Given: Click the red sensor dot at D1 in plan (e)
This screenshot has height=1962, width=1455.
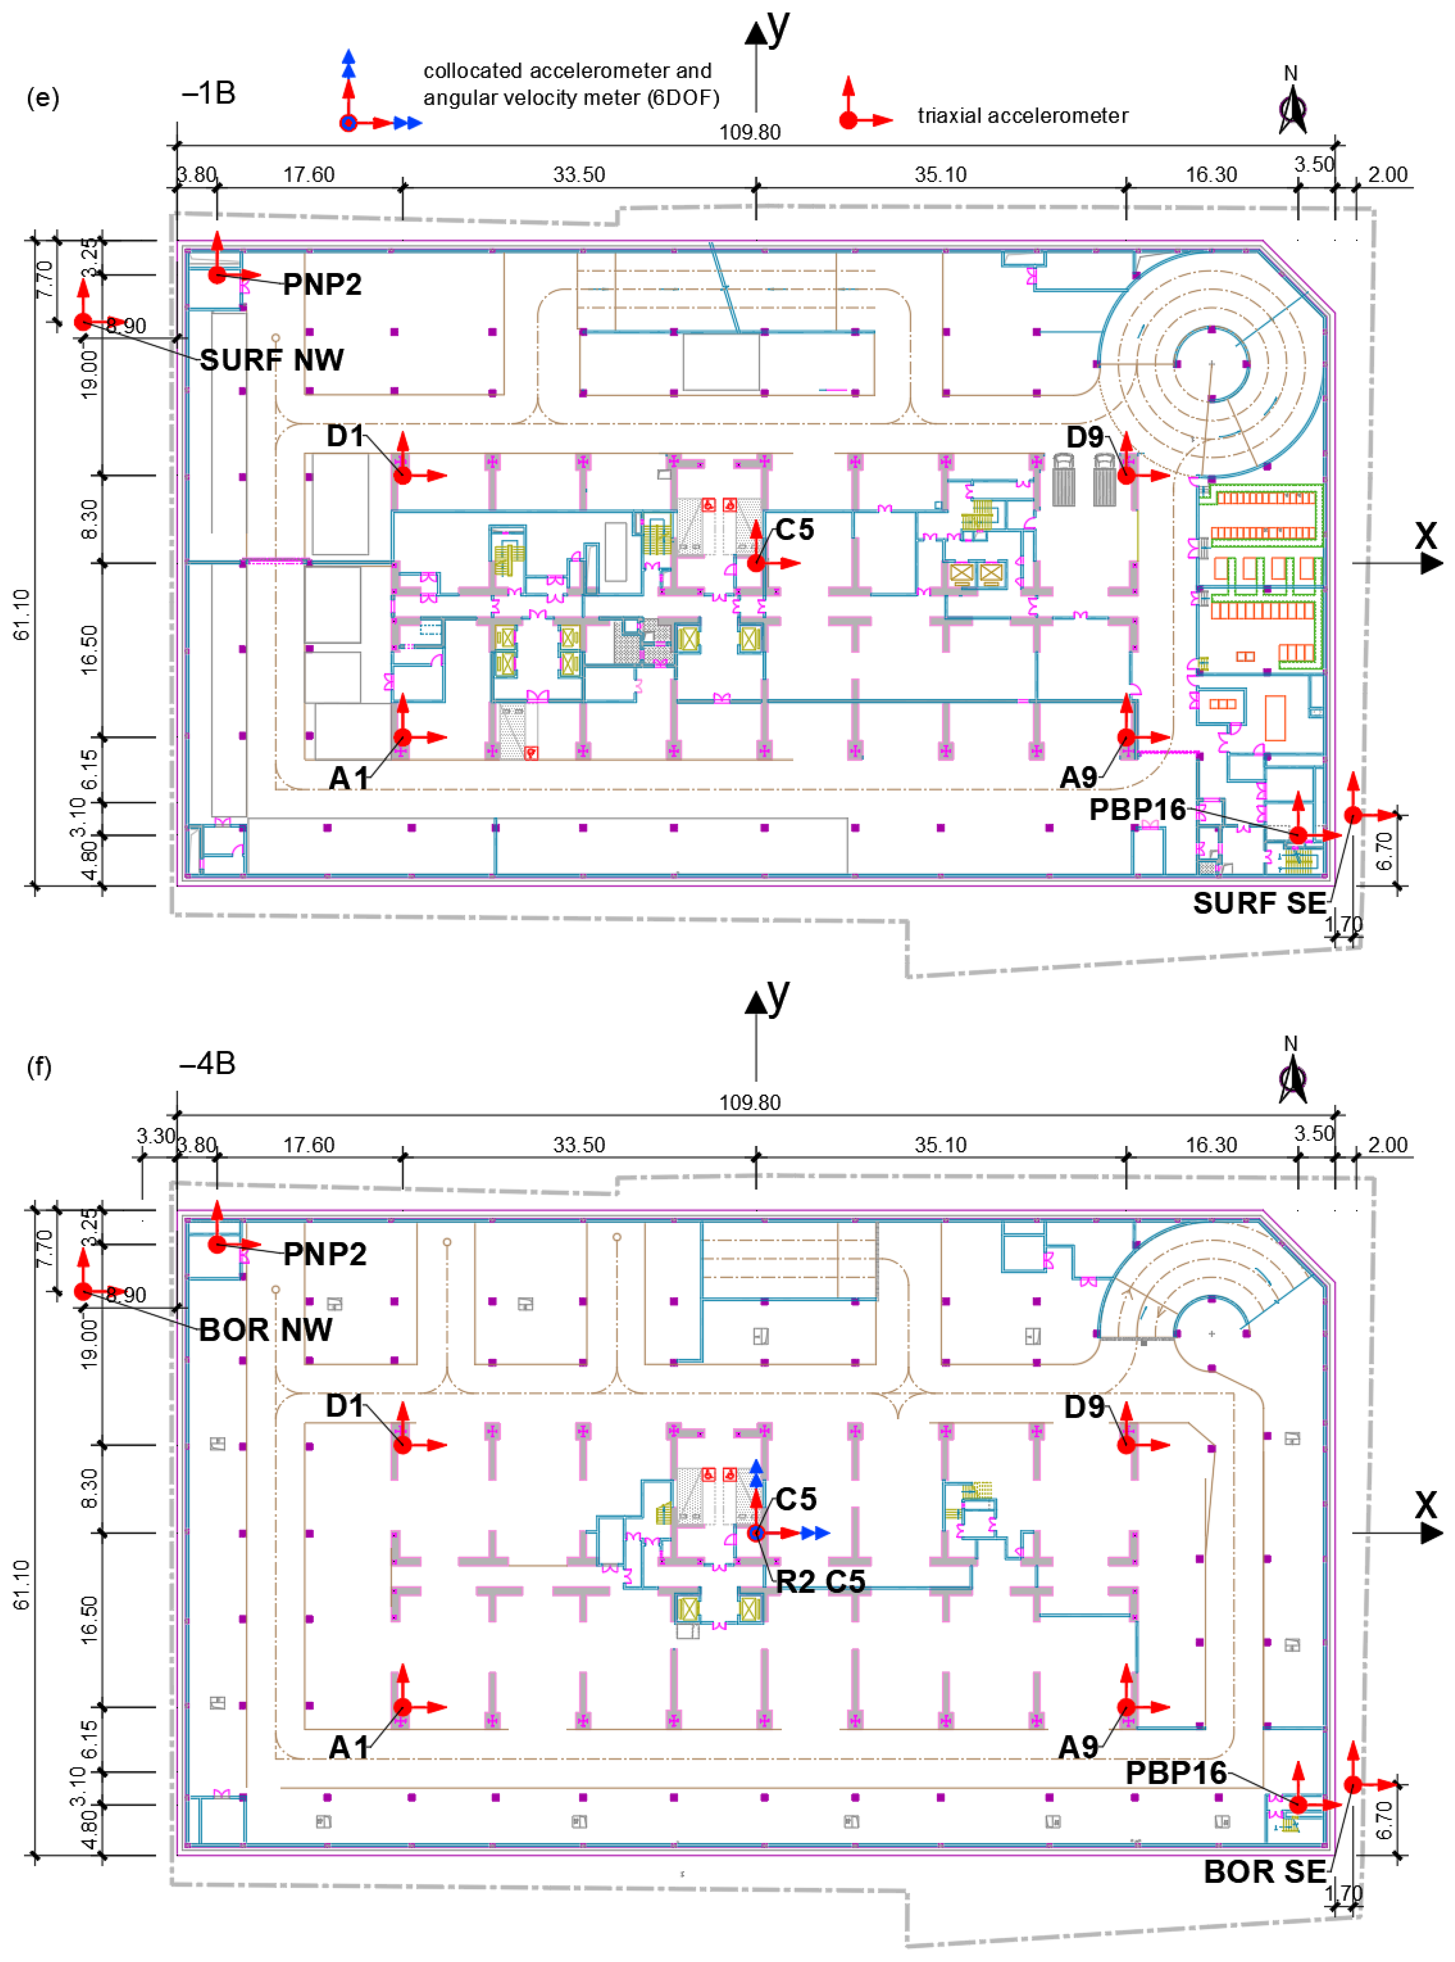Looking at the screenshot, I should tap(402, 475).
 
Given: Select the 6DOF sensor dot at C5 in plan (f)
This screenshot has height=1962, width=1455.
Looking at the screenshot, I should tap(756, 1533).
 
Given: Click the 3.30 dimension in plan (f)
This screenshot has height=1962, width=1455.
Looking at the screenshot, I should tap(155, 1136).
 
